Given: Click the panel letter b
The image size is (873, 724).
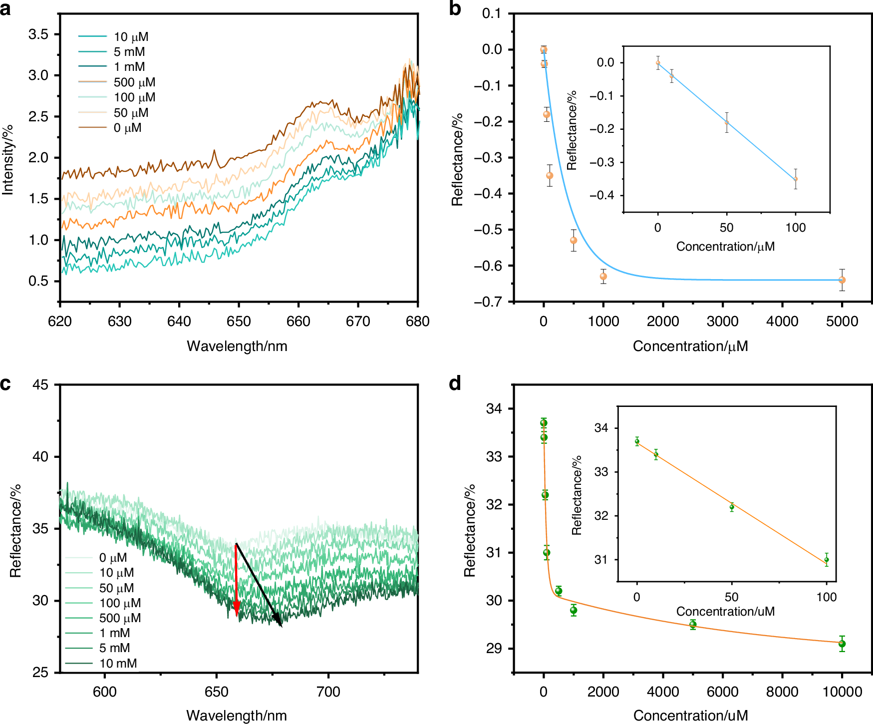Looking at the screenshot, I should pos(455,9).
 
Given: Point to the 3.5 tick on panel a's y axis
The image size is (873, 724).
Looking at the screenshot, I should pos(38,34).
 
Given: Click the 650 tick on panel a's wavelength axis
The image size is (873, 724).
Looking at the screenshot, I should pos(239,322).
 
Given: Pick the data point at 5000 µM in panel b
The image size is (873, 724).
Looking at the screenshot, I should pos(842,280).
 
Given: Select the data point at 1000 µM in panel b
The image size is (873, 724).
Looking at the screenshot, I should pos(603,276).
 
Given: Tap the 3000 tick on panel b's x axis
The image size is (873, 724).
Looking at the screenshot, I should pos(723,322).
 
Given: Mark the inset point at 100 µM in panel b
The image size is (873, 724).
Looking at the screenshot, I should pos(796,179).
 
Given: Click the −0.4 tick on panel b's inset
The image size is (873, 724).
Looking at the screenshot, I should pos(602,195).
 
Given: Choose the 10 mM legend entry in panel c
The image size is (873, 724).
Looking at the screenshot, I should pos(118,664).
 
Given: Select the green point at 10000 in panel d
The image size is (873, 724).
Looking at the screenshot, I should pos(842,644).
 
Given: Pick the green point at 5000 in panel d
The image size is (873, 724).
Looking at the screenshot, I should pos(693,625).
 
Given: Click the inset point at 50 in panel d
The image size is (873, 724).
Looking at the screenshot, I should pos(732,507).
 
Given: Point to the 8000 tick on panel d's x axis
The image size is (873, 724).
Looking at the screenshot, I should pos(782,692).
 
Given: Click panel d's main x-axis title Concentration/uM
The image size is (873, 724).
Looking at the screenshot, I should pos(690,716).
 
